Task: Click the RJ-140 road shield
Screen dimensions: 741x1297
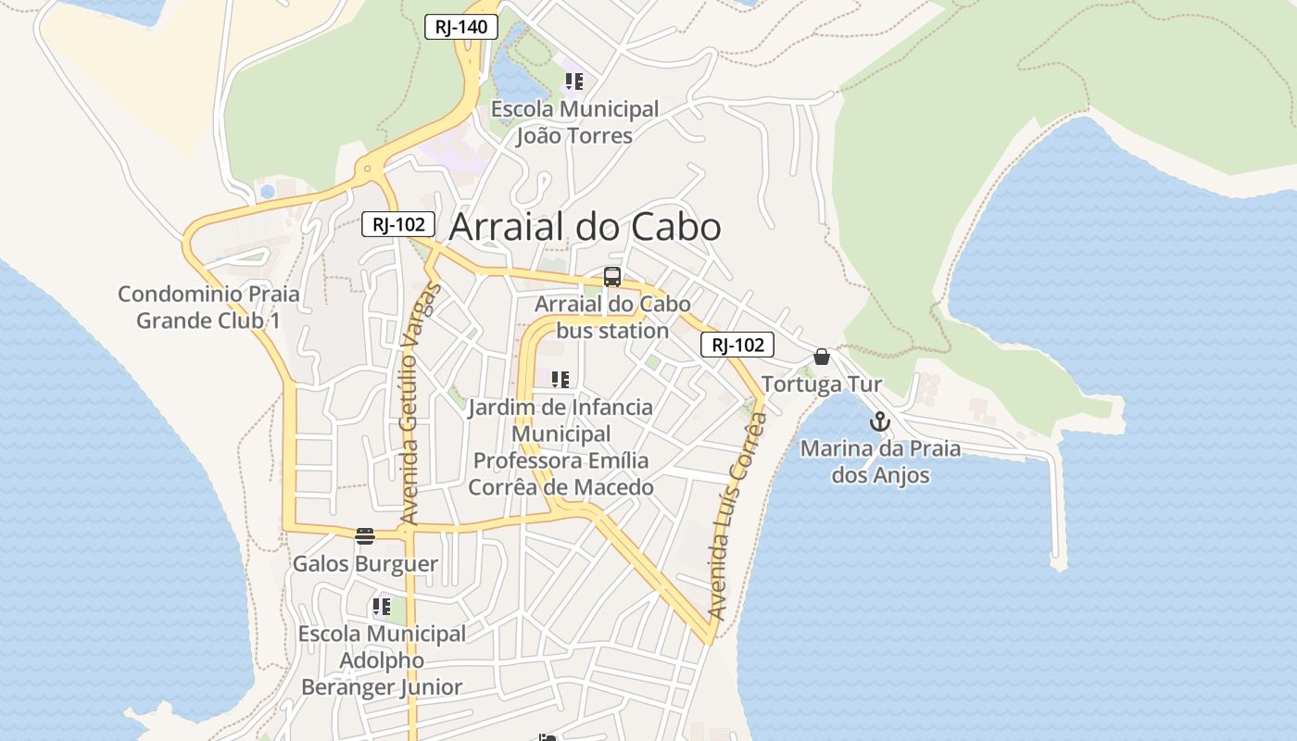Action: [461, 27]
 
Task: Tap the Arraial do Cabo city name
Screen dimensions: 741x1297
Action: [586, 227]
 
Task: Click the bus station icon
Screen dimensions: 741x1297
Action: [612, 276]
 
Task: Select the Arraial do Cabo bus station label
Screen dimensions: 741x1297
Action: [612, 318]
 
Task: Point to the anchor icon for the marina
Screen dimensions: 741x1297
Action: [879, 422]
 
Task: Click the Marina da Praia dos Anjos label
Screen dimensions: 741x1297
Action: [880, 462]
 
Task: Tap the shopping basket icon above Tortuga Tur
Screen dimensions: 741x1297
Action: [822, 357]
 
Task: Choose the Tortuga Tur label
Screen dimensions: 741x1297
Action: [822, 383]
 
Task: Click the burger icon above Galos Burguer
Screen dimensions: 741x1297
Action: [365, 536]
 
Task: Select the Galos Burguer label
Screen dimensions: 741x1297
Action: [365, 564]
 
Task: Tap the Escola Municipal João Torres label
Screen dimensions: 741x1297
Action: [574, 122]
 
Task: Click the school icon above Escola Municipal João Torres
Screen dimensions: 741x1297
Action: [574, 82]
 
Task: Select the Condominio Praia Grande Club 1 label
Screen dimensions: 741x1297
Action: [208, 308]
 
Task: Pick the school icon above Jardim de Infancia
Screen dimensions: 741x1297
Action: [560, 379]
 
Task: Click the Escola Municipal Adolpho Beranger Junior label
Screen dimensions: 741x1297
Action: [382, 660]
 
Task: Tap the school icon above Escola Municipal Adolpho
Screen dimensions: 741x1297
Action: [381, 608]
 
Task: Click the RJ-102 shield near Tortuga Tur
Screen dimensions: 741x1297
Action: [737, 345]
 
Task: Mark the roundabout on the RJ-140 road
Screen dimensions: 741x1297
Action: [368, 170]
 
